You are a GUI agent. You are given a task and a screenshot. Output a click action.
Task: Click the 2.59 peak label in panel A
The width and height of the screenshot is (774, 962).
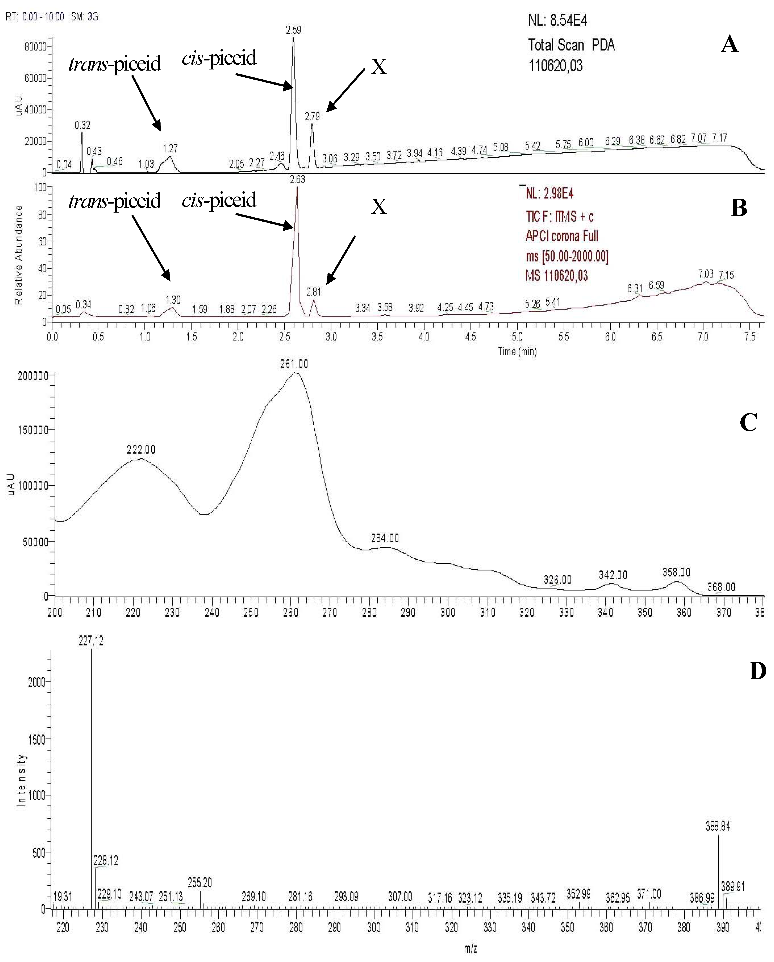click(x=293, y=30)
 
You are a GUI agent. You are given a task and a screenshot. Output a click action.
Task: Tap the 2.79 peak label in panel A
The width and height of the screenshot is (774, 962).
click(x=312, y=117)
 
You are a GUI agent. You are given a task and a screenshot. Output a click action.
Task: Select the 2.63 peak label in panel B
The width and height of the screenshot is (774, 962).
click(x=297, y=179)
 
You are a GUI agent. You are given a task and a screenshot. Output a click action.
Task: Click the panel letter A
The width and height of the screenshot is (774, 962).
click(x=729, y=45)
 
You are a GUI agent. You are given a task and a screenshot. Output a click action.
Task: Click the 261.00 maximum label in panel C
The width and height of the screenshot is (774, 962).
click(x=294, y=364)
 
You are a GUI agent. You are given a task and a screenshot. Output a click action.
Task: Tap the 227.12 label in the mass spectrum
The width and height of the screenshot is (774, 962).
click(x=91, y=641)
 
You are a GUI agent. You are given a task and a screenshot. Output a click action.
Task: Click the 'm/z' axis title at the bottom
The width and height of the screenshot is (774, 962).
click(x=470, y=949)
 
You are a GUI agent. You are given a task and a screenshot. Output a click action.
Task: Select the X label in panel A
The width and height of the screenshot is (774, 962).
click(x=378, y=67)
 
